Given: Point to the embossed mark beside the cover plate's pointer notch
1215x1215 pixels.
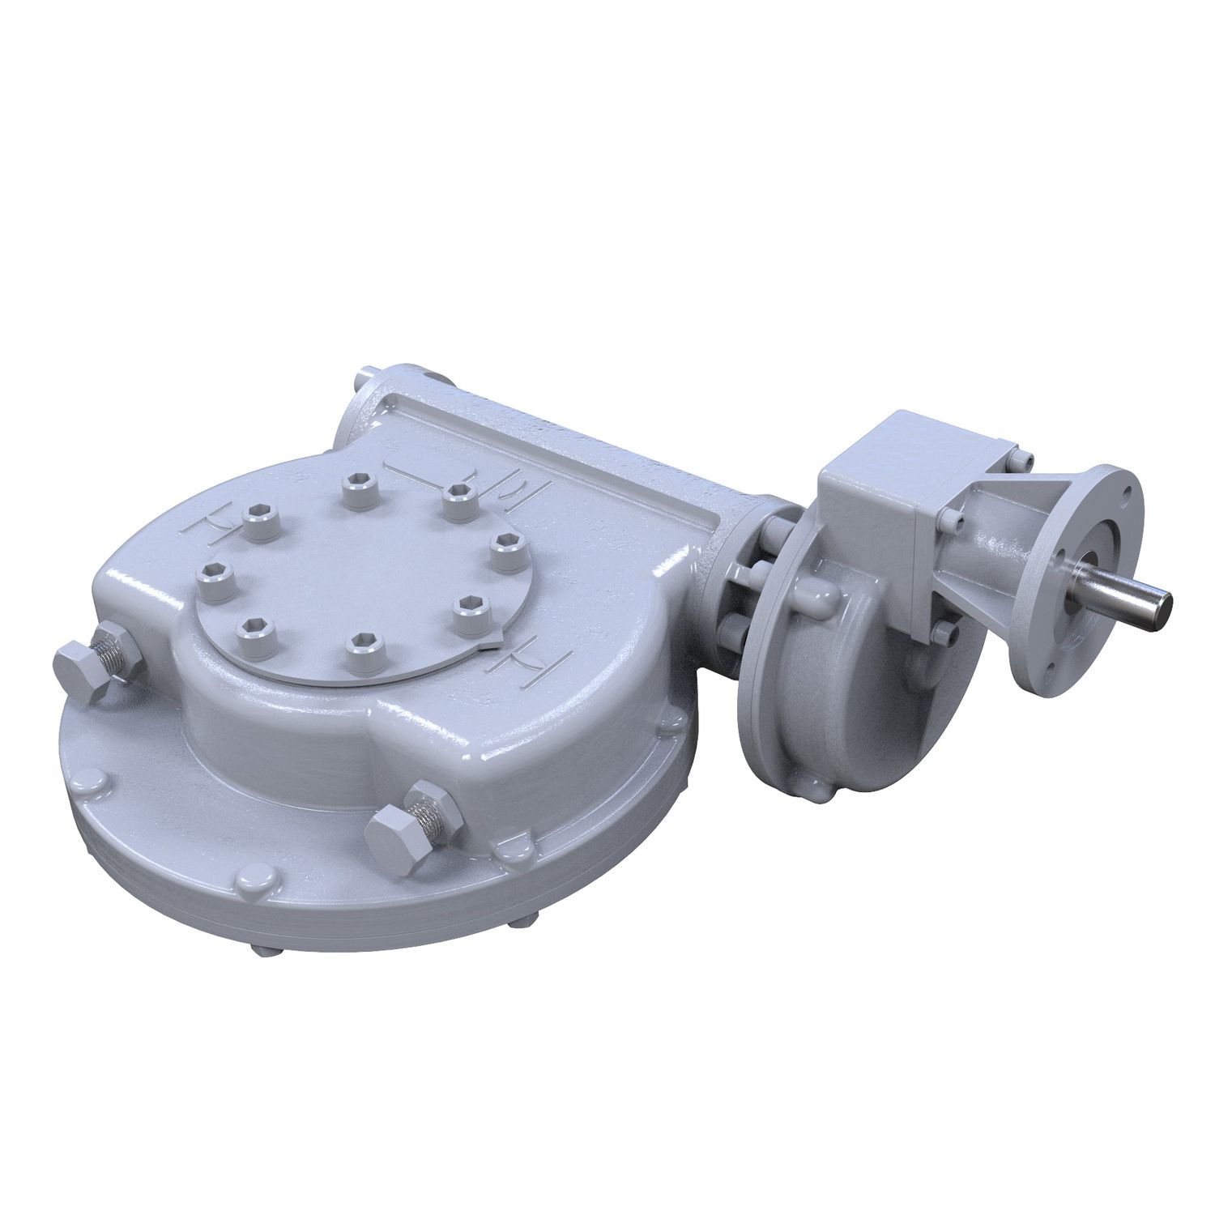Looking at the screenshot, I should (x=525, y=654).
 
